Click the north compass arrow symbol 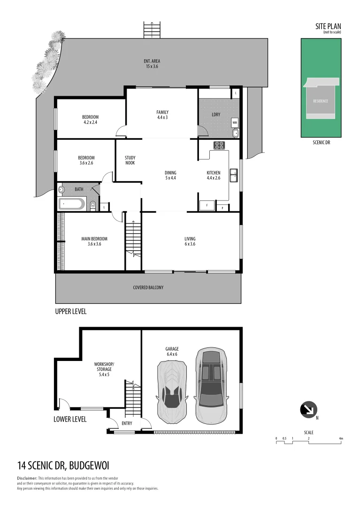coord(308,409)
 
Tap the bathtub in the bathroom coord(72,204)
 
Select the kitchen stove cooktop coord(219,145)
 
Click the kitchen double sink coord(233,175)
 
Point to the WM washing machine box coord(235,123)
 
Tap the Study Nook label coord(130,160)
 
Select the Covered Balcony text coord(148,287)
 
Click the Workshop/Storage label coord(104,367)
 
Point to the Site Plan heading coord(328,27)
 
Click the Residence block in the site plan coord(321,101)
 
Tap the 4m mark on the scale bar coord(341,438)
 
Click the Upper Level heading coord(71,311)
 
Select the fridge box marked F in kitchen coord(207,205)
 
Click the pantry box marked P coord(222,207)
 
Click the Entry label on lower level coord(127,423)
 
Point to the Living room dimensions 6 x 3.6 coord(190,244)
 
